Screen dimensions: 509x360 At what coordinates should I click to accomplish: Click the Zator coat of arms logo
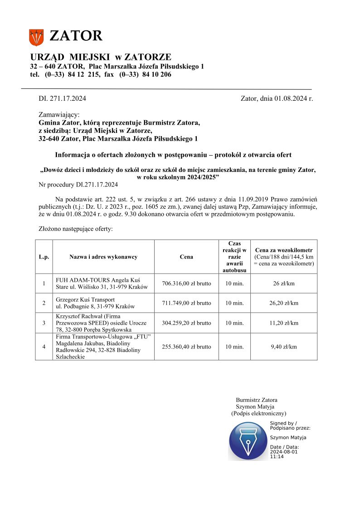point(36,37)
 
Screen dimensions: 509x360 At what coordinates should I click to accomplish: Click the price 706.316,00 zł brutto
point(186,284)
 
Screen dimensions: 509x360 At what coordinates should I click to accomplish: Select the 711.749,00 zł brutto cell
point(186,303)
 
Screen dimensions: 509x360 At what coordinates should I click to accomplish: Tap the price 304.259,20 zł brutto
point(186,323)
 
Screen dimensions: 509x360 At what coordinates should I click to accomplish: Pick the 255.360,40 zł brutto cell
point(186,347)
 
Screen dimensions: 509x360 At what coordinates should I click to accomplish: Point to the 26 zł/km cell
point(284,284)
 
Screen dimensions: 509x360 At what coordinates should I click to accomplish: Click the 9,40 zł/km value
point(284,347)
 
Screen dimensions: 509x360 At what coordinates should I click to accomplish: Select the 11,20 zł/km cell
point(284,323)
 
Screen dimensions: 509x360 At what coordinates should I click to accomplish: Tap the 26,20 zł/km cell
point(284,303)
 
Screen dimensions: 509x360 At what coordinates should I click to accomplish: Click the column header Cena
point(186,257)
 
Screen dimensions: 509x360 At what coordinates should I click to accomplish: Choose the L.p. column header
point(44,257)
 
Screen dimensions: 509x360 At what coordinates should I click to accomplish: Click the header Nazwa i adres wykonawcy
point(103,257)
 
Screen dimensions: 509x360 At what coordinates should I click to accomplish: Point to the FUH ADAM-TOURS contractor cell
point(103,284)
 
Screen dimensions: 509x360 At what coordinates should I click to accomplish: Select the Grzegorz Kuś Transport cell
point(103,303)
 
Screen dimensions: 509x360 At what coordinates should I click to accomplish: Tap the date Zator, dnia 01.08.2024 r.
point(277,98)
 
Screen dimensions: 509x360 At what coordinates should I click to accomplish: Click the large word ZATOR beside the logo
point(76,36)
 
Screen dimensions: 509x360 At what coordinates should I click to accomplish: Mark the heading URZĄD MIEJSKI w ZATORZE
point(101,57)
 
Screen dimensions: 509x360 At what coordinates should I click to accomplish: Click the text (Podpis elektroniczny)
point(258,413)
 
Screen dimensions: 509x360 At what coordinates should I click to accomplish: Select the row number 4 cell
point(44,347)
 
